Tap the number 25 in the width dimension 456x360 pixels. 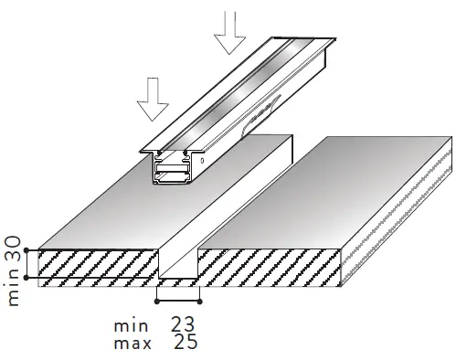click(183, 343)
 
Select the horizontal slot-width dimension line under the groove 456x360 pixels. click(178, 299)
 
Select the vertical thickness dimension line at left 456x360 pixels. click(29, 263)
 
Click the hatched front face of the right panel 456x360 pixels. click(274, 266)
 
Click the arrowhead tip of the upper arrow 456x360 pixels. click(230, 53)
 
